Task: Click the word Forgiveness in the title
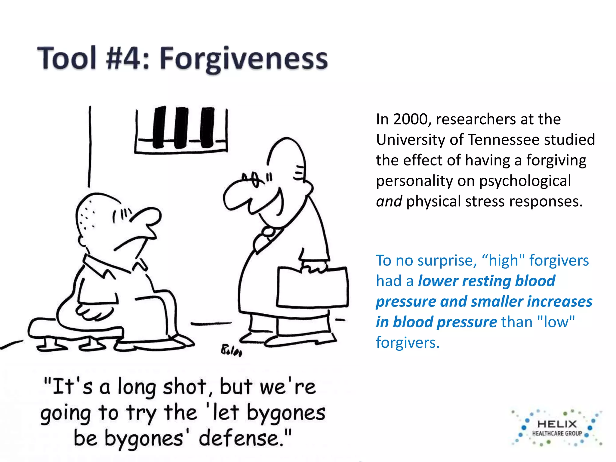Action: point(244,59)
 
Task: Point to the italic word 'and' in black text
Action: point(389,201)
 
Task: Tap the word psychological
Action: point(525,181)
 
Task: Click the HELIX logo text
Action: point(557,424)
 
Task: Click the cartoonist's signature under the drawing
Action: point(231,351)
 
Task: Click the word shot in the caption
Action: point(185,387)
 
